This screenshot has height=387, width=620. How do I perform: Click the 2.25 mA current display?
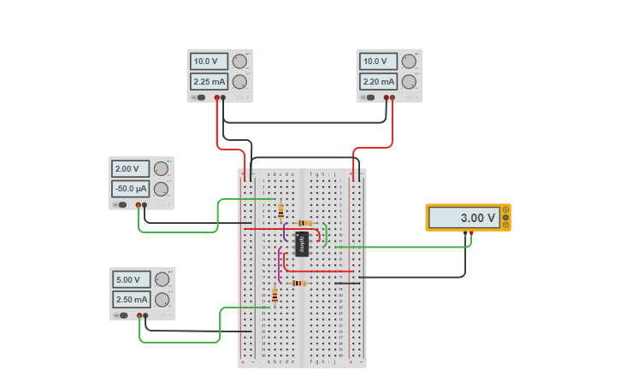(210, 82)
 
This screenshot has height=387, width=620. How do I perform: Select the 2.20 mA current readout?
(379, 82)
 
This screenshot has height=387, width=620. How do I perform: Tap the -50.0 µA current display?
(131, 189)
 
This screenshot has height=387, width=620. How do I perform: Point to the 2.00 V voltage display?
(131, 169)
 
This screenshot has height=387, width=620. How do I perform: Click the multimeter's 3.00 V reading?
(464, 218)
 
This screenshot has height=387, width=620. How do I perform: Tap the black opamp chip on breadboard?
(301, 243)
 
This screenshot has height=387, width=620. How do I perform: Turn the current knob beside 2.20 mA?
(409, 82)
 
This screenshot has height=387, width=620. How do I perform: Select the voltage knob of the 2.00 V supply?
(161, 169)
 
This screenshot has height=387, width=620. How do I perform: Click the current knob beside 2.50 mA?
(162, 300)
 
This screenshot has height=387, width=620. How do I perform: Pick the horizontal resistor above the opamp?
(304, 223)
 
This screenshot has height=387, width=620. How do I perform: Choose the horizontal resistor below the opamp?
(298, 283)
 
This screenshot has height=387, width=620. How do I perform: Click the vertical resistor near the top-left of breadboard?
(280, 210)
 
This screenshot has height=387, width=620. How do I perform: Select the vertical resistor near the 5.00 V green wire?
(275, 295)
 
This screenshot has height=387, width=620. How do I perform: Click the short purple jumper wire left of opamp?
(285, 232)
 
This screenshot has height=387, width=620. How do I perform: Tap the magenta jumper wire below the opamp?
(279, 265)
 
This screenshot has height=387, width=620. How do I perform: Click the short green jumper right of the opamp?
(326, 233)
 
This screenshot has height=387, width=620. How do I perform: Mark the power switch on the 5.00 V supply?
(124, 315)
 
